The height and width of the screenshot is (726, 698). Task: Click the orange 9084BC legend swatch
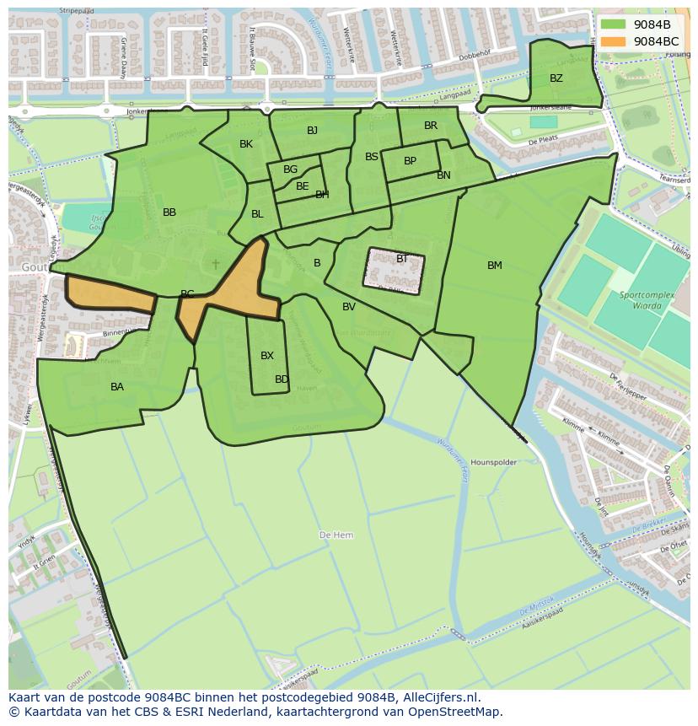click(613, 41)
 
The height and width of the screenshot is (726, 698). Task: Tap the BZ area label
click(556, 78)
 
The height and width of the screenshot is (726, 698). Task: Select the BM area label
click(495, 266)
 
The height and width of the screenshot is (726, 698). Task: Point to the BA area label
click(117, 387)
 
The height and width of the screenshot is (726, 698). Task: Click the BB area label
click(169, 212)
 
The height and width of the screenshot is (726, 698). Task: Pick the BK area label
click(246, 144)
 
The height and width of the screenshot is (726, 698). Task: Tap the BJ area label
click(313, 130)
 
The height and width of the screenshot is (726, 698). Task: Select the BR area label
click(431, 126)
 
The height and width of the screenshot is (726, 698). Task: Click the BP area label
click(410, 161)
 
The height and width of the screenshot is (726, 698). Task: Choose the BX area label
click(267, 356)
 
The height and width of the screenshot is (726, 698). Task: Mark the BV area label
click(349, 307)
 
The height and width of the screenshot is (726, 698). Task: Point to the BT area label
click(402, 259)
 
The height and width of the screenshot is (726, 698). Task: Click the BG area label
click(291, 169)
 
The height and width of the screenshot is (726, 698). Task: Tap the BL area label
click(257, 214)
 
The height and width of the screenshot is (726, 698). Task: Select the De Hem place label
click(336, 535)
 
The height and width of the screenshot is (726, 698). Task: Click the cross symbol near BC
click(216, 264)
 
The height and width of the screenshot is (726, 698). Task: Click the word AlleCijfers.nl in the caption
click(441, 697)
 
